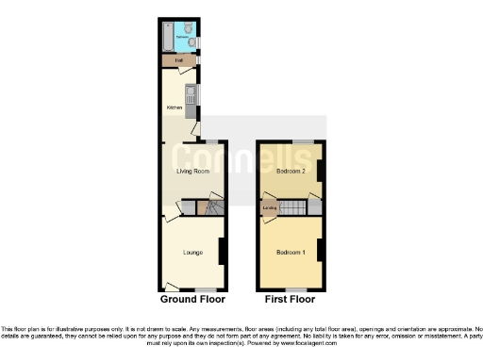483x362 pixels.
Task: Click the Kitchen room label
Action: click(x=174, y=107)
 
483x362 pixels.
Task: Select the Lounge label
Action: click(x=192, y=253)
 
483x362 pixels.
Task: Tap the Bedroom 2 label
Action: click(x=291, y=172)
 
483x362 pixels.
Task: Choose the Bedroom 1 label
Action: click(x=291, y=253)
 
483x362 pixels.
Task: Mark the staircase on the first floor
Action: click(x=294, y=207)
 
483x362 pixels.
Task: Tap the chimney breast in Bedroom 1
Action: click(x=321, y=251)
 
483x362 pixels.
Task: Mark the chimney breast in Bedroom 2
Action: click(x=321, y=171)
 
